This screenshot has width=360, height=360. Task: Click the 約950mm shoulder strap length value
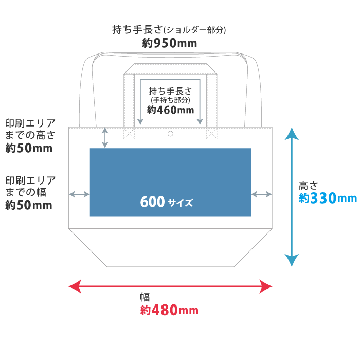(x=169, y=44)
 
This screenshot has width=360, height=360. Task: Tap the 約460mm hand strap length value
(x=170, y=110)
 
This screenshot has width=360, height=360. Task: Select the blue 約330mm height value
(x=328, y=198)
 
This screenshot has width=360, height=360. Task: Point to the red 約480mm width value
(x=169, y=310)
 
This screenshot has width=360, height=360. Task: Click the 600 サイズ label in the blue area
(x=166, y=202)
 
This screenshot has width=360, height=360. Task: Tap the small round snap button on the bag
(x=170, y=134)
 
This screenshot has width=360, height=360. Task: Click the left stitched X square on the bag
(x=129, y=134)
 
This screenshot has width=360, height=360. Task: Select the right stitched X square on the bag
(x=212, y=134)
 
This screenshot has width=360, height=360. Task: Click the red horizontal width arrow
(x=170, y=286)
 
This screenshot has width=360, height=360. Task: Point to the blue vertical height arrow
(x=292, y=197)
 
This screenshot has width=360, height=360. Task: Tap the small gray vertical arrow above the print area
(x=105, y=137)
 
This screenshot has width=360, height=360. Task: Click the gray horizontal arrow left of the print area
(x=79, y=194)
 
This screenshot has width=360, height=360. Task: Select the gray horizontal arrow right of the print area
(x=262, y=194)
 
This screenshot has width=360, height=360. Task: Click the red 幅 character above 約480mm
(x=145, y=297)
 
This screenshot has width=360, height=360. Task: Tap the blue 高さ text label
(x=309, y=185)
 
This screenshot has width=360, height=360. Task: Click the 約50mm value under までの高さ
(x=29, y=149)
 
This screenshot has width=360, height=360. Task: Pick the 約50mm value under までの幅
(x=29, y=206)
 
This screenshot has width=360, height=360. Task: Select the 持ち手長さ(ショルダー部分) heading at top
(x=169, y=30)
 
